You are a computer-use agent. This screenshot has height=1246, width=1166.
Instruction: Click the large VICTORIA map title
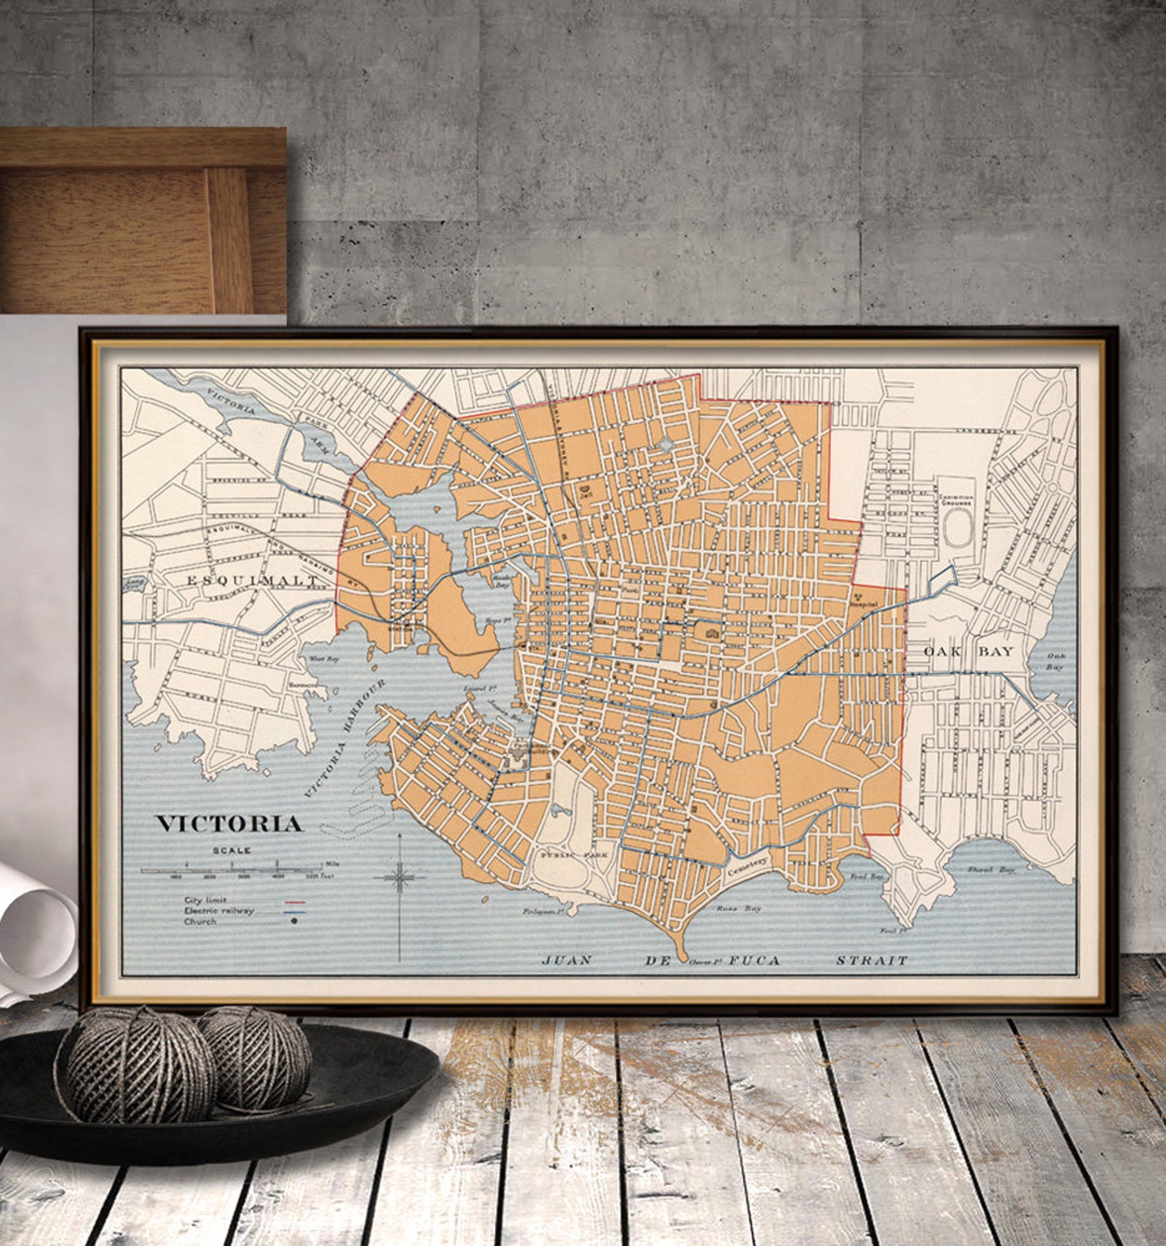229,823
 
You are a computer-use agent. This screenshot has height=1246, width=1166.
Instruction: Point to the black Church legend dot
294,922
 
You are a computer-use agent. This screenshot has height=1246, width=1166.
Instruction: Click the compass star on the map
399,876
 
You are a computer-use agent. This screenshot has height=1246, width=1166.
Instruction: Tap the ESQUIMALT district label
252,580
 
